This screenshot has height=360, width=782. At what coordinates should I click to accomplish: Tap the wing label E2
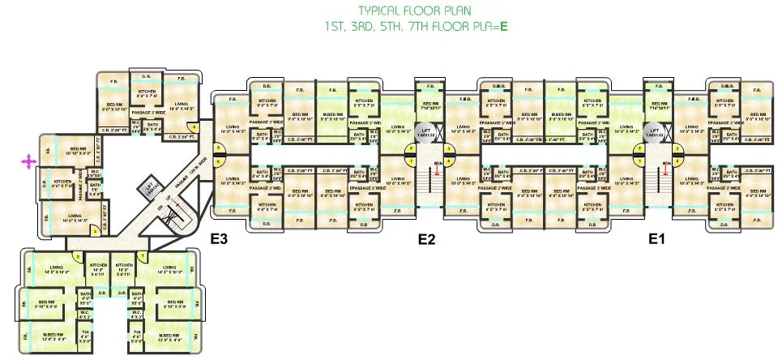coord(427,239)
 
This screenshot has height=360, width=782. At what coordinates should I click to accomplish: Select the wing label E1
coord(656,239)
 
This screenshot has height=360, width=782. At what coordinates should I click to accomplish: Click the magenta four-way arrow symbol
coord(28,162)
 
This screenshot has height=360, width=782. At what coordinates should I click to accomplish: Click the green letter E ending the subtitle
coord(503,26)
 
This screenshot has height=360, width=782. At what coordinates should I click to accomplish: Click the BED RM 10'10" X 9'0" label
coord(78,151)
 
